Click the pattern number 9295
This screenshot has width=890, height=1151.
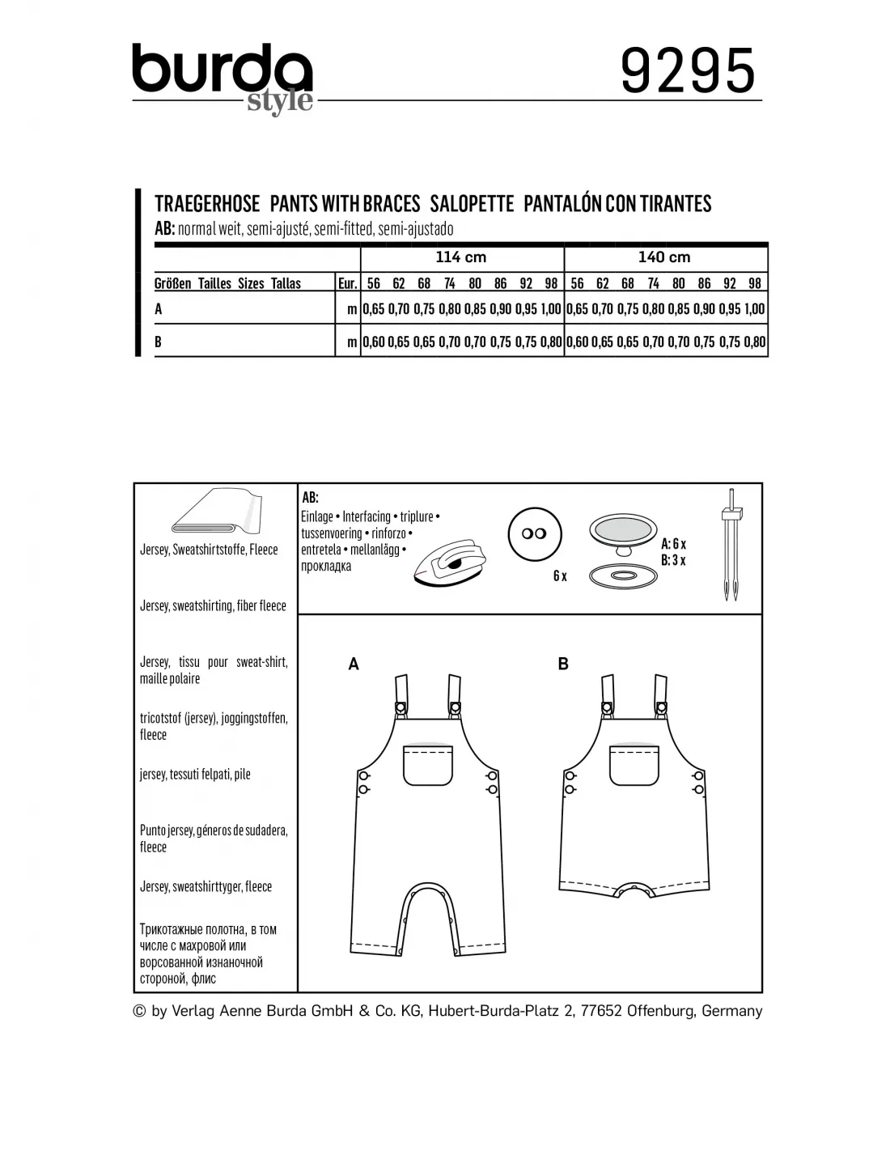coord(687,71)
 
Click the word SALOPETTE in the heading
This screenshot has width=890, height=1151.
coord(472,203)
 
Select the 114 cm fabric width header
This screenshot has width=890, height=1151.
coord(461,257)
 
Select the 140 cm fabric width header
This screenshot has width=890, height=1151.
coord(664,257)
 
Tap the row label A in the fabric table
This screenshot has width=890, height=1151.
coord(159,308)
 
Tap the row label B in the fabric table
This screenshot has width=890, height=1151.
coord(159,342)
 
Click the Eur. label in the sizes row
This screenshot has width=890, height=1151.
coord(347,283)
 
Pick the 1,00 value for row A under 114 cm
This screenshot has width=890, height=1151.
coord(551,308)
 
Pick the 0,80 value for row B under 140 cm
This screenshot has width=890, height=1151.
coord(754,342)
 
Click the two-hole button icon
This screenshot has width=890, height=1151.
coord(534,534)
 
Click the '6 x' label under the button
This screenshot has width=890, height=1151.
coord(560,576)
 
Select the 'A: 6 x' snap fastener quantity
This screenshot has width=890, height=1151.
coord(673,544)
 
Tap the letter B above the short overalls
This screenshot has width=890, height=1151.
coord(563,665)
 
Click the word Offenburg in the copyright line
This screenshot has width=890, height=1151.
coord(655,1011)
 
